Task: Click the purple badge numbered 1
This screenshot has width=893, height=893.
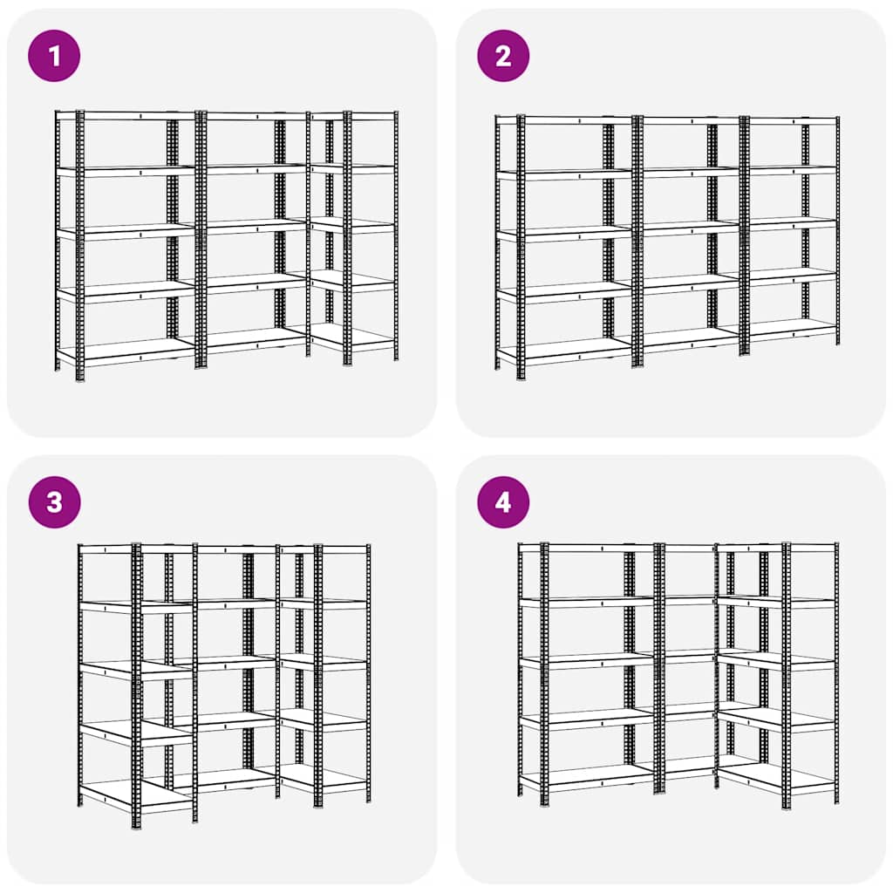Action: pos(54,56)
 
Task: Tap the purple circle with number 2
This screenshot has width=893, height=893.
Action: pos(502,56)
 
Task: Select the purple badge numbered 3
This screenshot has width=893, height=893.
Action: pos(54,502)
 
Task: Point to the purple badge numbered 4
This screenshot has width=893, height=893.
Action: pos(502,502)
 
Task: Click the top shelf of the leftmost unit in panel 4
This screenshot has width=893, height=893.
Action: pos(587,548)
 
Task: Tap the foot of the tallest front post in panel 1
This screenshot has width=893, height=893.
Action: pos(80,378)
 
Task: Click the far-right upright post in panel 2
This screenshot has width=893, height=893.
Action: pos(837,230)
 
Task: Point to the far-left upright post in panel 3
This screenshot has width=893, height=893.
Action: pos(79,671)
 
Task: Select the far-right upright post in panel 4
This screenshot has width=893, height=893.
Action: pos(836,671)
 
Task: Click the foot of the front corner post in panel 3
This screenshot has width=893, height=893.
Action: pos(136,823)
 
